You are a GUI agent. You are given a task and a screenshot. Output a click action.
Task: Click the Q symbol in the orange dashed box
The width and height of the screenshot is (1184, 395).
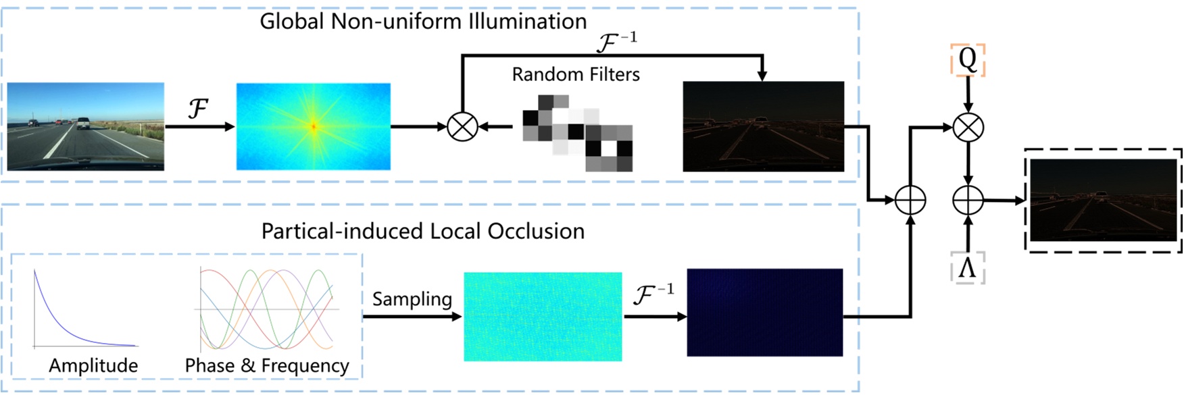[x=968, y=60]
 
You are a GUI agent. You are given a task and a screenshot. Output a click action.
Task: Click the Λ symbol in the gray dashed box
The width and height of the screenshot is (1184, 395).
[x=967, y=268]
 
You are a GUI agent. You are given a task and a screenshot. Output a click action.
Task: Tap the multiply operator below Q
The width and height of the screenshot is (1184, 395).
[x=968, y=127]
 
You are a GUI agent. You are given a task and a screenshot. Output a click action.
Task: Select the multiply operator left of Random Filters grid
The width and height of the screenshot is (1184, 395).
[x=463, y=126]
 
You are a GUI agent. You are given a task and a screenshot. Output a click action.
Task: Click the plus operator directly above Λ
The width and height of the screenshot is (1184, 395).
[x=968, y=200]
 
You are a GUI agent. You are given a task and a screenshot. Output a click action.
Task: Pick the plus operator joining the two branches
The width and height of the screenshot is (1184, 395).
[x=910, y=200]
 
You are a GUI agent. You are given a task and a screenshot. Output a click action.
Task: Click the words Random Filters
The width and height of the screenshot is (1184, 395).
[x=576, y=74]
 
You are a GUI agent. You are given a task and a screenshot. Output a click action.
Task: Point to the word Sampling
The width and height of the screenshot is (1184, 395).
[x=412, y=299]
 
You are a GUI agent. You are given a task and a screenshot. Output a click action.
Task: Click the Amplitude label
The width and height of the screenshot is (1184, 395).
[x=93, y=365]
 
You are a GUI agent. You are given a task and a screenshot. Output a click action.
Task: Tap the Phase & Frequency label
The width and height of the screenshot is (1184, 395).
[x=267, y=365]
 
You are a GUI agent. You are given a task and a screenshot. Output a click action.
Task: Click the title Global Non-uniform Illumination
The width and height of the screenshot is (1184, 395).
[x=423, y=22]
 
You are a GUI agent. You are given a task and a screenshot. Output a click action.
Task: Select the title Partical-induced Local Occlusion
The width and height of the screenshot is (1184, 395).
[x=423, y=232]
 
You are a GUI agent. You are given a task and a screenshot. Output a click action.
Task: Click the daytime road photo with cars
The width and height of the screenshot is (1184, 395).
[x=86, y=126]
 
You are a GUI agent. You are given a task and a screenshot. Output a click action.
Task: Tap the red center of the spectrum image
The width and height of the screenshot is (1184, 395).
[x=314, y=126]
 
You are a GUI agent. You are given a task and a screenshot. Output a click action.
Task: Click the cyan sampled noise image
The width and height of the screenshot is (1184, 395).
[x=543, y=316]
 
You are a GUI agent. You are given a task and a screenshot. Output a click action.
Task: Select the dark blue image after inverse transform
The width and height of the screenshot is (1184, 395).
[x=765, y=313]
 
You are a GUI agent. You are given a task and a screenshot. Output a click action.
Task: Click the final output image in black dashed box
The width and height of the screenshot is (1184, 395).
[x=1103, y=200]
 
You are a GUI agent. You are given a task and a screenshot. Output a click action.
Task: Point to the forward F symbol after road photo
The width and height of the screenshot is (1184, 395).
[x=197, y=108]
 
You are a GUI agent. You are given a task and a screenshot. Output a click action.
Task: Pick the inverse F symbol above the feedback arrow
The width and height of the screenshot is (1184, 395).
[x=616, y=43]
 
